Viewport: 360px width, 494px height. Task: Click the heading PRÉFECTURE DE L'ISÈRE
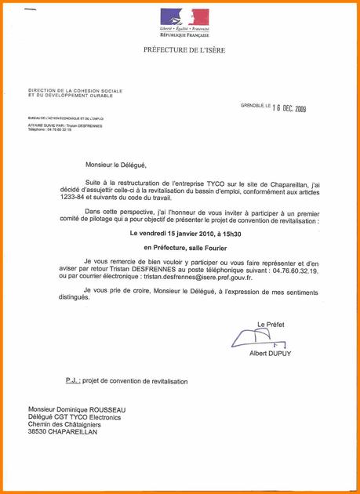pyautogui.click(x=184, y=50)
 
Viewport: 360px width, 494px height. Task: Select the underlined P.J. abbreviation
pyautogui.click(x=74, y=381)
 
